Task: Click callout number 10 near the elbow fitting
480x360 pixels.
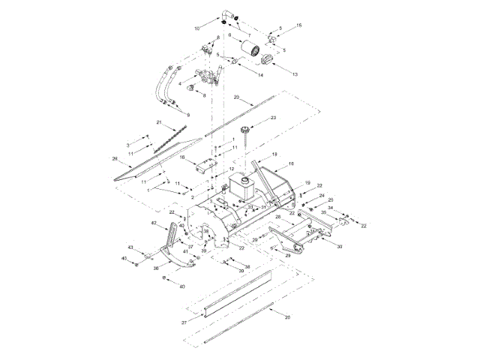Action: click(197, 28)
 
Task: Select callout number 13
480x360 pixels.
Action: click(295, 74)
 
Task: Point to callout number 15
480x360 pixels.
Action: click(298, 25)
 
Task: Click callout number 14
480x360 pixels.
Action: click(260, 76)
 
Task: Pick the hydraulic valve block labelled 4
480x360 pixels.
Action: click(207, 77)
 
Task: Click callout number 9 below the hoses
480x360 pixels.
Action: click(187, 115)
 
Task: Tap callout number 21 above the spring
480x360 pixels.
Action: click(159, 121)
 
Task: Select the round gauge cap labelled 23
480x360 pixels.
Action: click(244, 133)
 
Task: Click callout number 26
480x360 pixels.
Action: click(115, 158)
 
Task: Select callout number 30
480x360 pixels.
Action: click(339, 247)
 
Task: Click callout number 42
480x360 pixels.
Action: click(154, 223)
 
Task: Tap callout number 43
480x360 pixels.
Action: click(130, 247)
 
